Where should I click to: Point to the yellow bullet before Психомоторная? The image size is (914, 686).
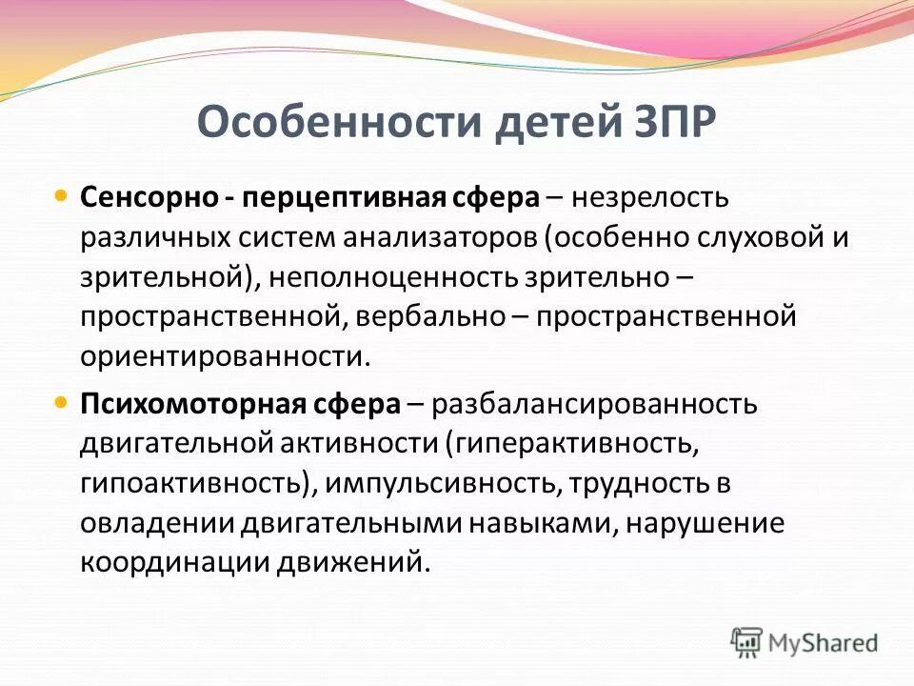click(x=62, y=402)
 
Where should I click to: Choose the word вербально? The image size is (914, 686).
click(x=433, y=316)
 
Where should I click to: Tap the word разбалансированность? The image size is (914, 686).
click(x=594, y=404)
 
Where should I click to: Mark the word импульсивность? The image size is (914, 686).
click(x=441, y=483)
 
